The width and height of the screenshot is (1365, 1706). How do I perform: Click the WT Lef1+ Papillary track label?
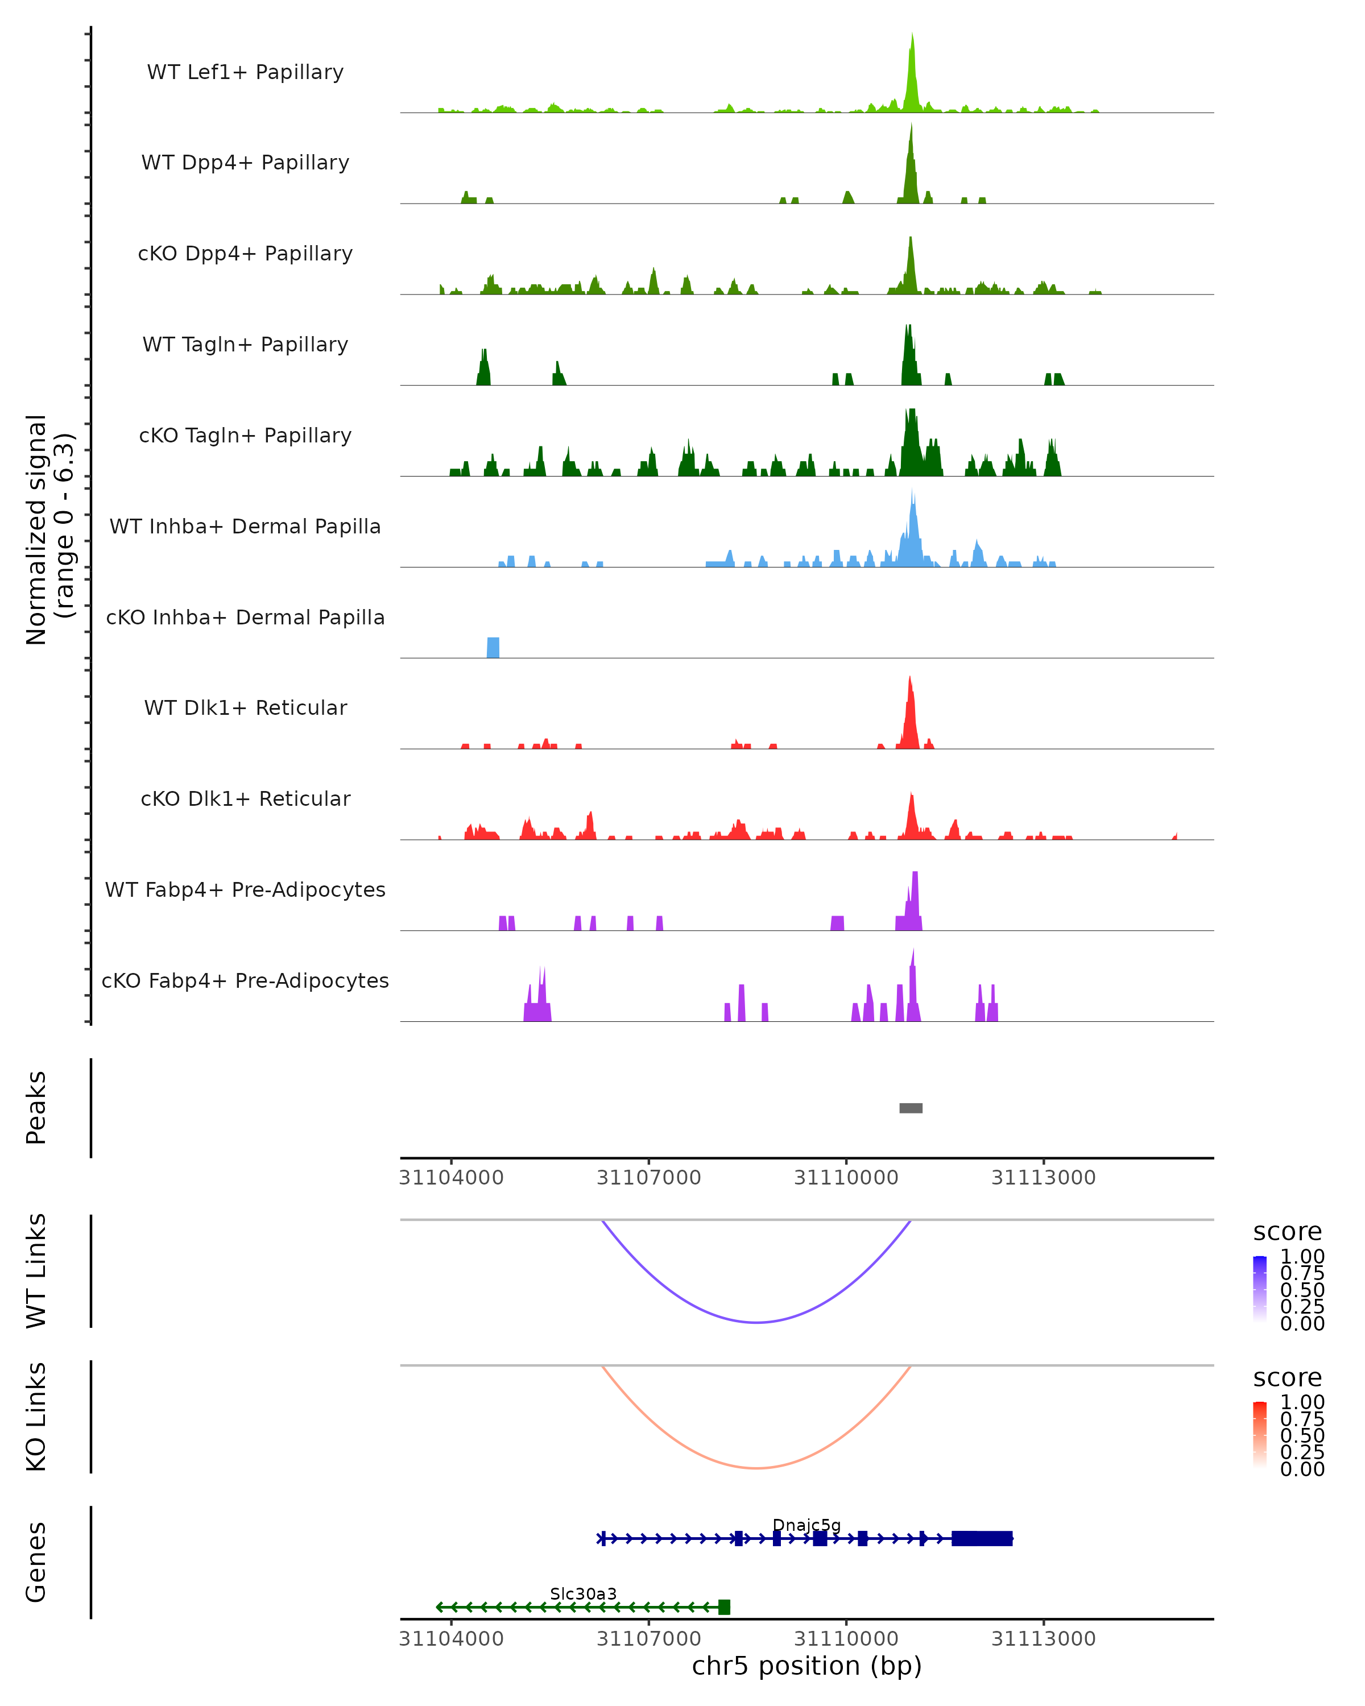click(245, 72)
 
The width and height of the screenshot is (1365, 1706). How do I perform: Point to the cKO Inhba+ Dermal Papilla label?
click(245, 617)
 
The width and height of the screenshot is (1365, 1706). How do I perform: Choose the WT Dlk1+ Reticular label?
click(245, 707)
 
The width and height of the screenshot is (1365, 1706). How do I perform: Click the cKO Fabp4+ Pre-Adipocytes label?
click(245, 980)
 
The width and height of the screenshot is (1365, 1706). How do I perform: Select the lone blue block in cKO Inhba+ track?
click(493, 647)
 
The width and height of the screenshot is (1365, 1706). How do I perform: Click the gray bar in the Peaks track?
click(911, 1108)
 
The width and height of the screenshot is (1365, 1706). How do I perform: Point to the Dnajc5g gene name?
click(806, 1525)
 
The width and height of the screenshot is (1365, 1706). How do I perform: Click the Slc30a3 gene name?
click(583, 1593)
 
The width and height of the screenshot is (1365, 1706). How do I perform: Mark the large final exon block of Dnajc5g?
click(982, 1538)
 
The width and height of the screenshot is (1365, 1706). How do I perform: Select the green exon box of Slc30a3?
click(724, 1607)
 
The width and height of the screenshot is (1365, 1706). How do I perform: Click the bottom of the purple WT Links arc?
click(757, 1322)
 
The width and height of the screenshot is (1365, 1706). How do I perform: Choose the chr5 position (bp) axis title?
click(806, 1666)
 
